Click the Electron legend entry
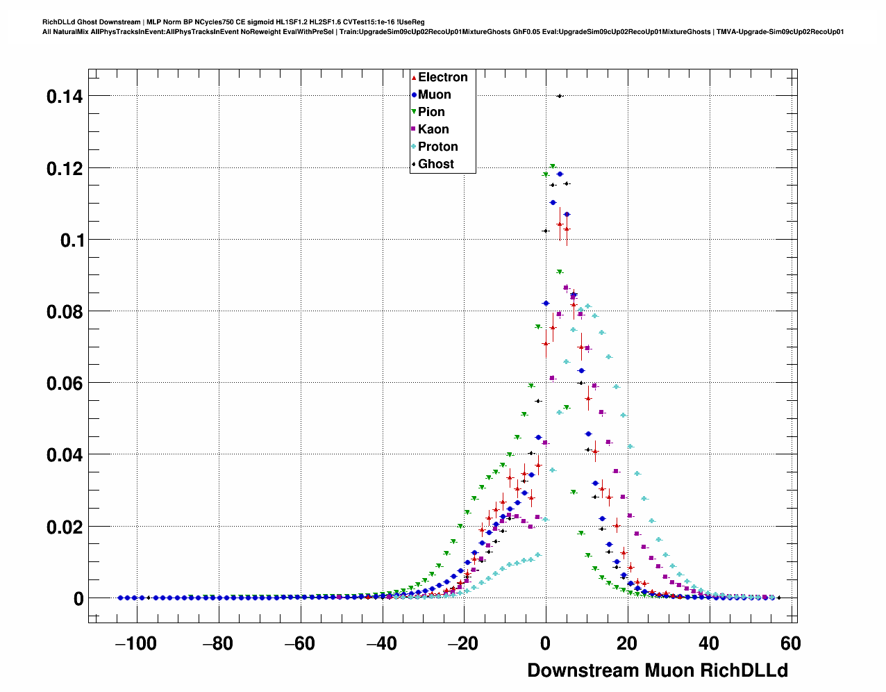(x=442, y=77)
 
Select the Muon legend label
(x=434, y=94)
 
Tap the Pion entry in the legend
(x=431, y=112)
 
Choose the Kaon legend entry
(x=433, y=129)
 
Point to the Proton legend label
(x=437, y=147)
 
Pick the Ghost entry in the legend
(x=435, y=164)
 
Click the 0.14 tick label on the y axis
(x=65, y=97)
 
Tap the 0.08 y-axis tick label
(x=65, y=312)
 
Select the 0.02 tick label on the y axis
(x=65, y=527)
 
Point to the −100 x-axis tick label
(x=135, y=644)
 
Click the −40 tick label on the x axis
(x=381, y=644)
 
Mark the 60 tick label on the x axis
(x=790, y=644)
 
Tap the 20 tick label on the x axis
(x=627, y=644)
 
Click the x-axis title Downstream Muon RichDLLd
(x=658, y=670)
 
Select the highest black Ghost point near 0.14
(x=560, y=96)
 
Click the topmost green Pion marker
(x=553, y=167)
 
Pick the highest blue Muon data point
(x=560, y=174)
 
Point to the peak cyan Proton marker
(x=587, y=306)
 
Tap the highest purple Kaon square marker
(x=567, y=287)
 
